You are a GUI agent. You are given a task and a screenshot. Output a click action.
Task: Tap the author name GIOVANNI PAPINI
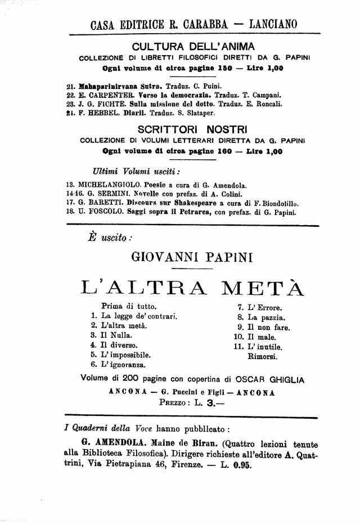coord(192,258)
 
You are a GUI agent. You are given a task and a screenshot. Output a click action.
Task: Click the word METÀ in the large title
coord(264,288)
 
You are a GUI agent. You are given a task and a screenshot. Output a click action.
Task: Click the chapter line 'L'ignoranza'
coord(123,365)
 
